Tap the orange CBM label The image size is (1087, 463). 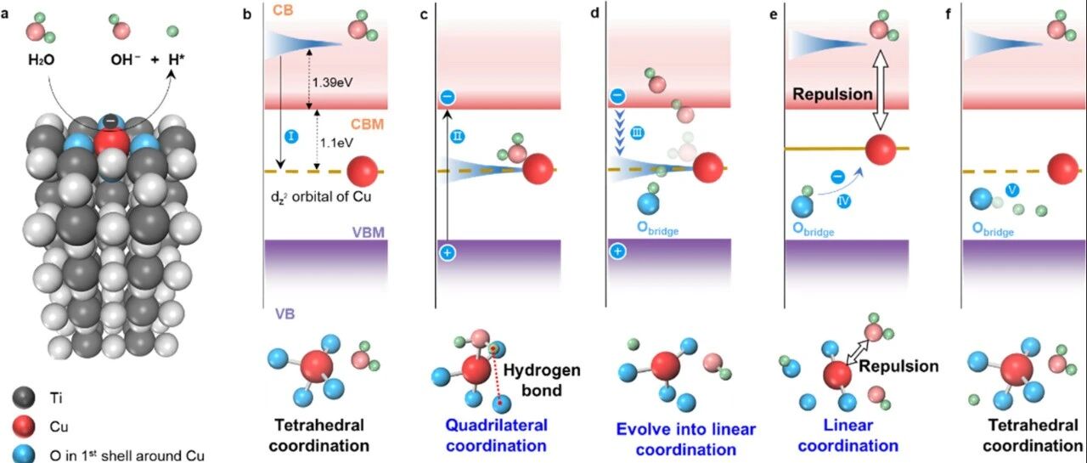click(368, 124)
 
